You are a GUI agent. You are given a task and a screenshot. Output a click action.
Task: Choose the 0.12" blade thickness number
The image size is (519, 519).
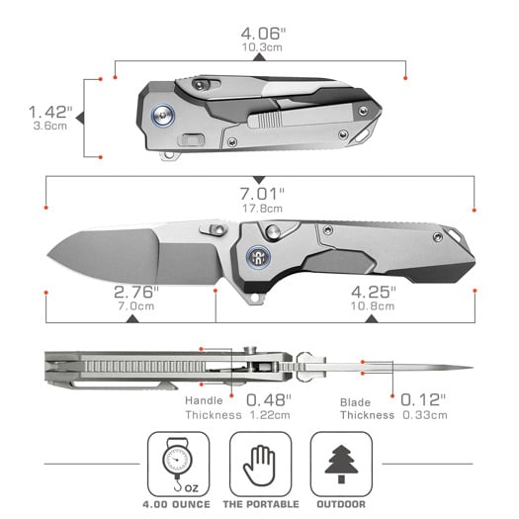point(422,400)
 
